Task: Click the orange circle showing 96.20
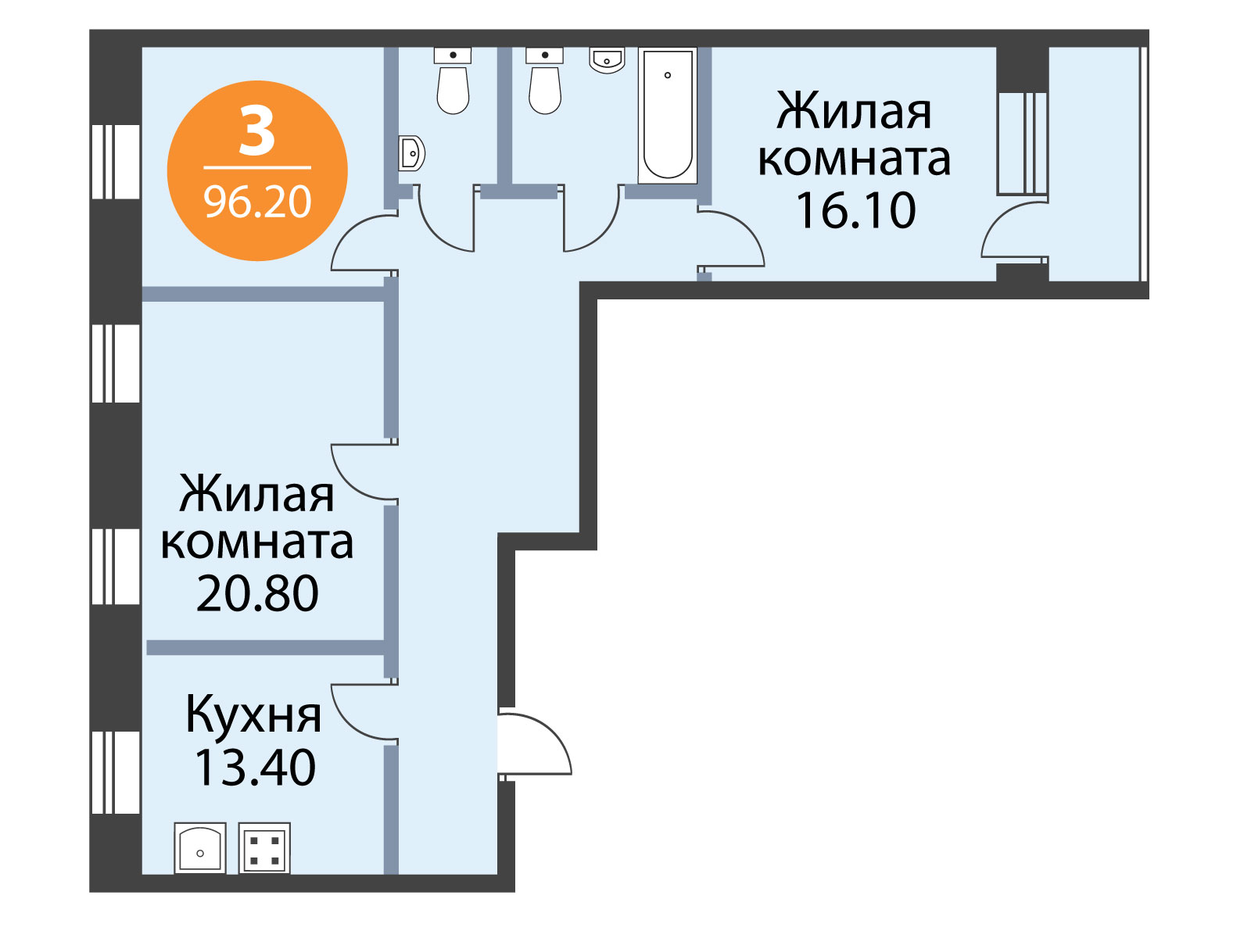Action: [257, 170]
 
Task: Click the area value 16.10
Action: [855, 210]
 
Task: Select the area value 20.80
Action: [257, 593]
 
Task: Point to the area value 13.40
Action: [255, 767]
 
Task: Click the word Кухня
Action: [253, 714]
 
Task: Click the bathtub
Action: [668, 116]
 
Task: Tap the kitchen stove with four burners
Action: [264, 848]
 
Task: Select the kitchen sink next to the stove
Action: [200, 848]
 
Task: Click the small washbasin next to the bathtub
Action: [607, 60]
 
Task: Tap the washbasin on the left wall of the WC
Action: [411, 153]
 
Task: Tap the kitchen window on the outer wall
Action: [116, 772]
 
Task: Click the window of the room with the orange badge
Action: [116, 162]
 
